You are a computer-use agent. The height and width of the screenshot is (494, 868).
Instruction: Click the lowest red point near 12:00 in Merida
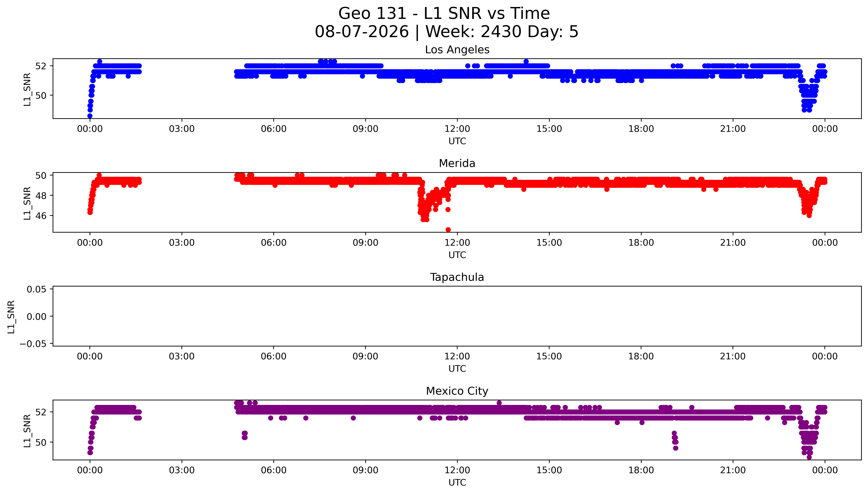point(448,230)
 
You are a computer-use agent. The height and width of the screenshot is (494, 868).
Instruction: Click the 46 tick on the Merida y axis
point(41,216)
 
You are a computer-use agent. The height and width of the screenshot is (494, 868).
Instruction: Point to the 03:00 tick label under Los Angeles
point(182,129)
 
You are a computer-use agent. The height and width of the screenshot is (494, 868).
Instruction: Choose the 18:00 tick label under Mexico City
point(641,470)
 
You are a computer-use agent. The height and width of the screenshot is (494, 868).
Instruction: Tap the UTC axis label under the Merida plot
point(457,255)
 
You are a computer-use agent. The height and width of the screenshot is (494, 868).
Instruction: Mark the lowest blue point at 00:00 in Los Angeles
point(90,116)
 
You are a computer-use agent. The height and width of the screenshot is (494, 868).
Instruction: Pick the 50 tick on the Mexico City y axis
point(41,442)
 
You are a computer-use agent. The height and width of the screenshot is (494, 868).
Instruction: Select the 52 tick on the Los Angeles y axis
point(41,66)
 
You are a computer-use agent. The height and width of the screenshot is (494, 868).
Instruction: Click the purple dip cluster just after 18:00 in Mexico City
point(675,440)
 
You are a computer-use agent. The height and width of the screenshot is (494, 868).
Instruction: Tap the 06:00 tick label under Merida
point(274,243)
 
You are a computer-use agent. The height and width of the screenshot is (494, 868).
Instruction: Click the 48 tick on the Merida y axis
point(41,195)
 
